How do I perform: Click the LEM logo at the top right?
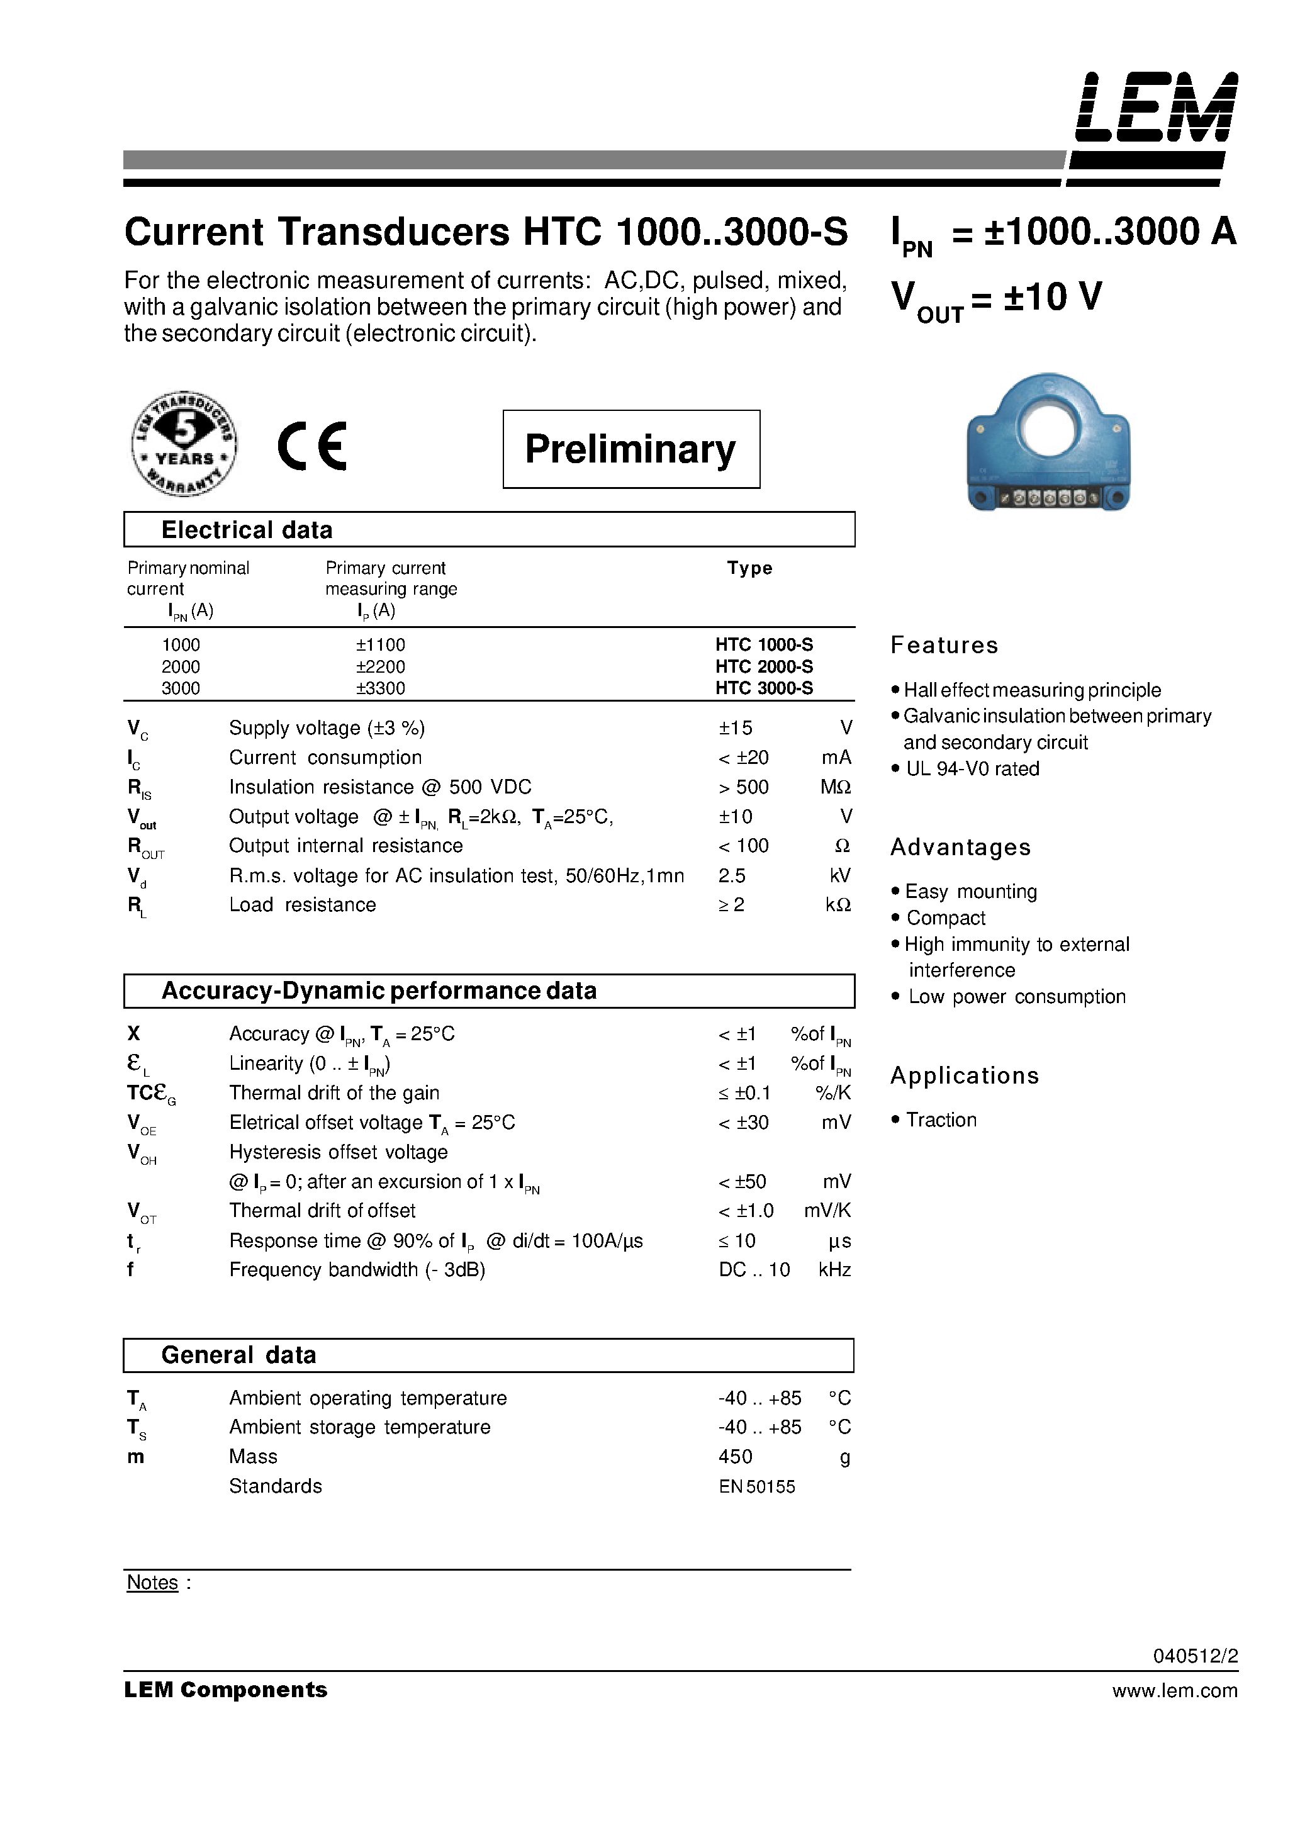tap(1156, 109)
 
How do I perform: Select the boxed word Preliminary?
tap(630, 449)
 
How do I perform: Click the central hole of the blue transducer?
tap(1048, 428)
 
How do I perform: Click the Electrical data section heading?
tap(247, 530)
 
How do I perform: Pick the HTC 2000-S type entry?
tap(764, 667)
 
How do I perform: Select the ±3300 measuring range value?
tap(381, 688)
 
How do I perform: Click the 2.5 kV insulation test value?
tap(732, 876)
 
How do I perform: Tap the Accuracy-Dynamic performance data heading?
tap(379, 990)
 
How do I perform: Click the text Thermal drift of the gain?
tap(334, 1093)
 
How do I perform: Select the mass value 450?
tap(735, 1457)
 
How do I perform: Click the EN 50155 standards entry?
tap(756, 1488)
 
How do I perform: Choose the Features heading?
tap(944, 645)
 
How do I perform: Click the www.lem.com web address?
tap(1174, 1691)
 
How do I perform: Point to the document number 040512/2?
tap(1195, 1656)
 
